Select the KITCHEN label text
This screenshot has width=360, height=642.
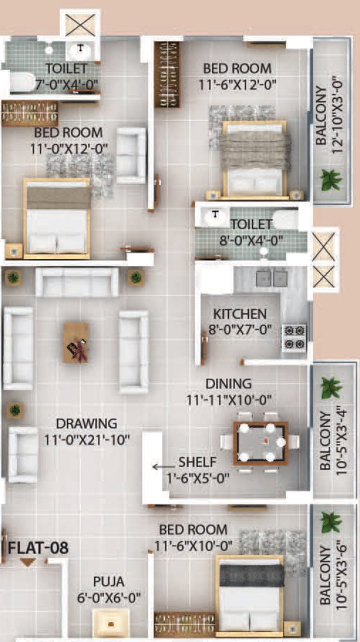[x=240, y=314]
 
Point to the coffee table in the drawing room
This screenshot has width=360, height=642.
[x=76, y=342]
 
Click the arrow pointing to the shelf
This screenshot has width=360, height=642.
[x=163, y=467]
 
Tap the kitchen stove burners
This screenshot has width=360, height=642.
[x=295, y=338]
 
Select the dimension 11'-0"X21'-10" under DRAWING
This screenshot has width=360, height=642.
[x=88, y=439]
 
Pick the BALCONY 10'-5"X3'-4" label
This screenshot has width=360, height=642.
[x=330, y=441]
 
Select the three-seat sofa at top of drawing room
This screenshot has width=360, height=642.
[x=77, y=283]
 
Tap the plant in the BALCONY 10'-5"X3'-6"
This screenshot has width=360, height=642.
[x=330, y=522]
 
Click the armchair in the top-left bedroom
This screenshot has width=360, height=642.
[x=132, y=155]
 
